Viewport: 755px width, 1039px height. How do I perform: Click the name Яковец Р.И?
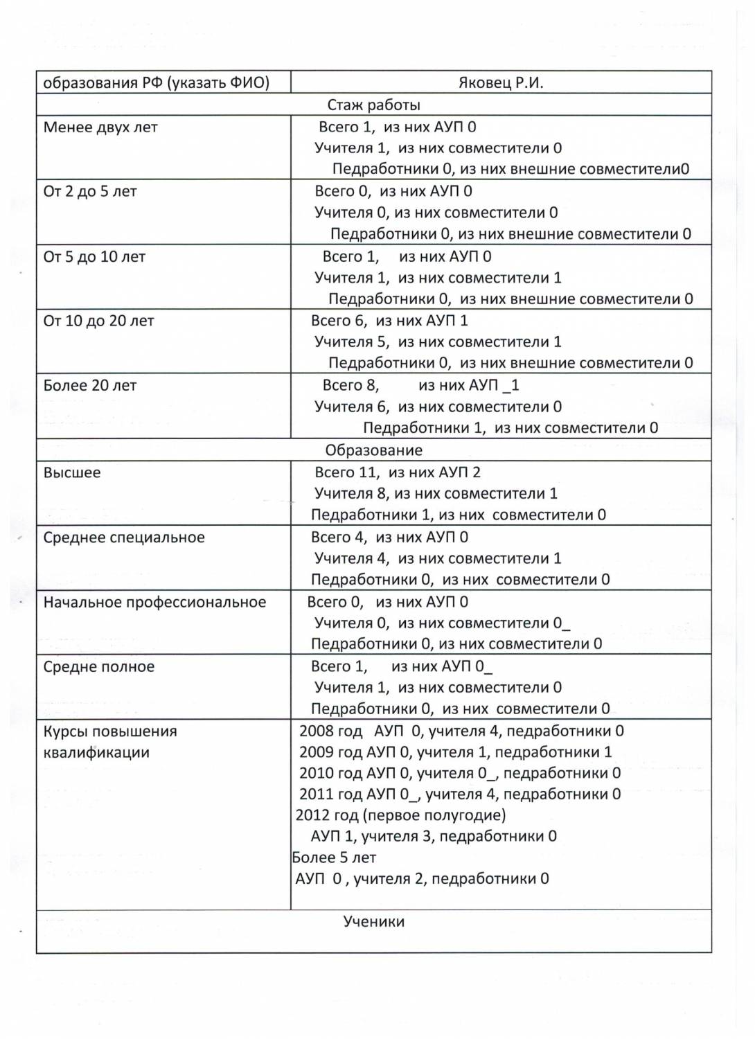501,83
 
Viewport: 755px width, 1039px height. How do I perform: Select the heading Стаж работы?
373,105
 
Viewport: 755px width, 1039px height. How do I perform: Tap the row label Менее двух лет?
100,127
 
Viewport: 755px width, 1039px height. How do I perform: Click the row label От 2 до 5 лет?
90,192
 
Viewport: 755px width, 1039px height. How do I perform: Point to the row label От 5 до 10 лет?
94,257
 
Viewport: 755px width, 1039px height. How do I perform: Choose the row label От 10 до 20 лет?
98,321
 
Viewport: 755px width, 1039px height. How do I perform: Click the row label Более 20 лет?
90,386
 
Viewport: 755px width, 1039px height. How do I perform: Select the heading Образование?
373,450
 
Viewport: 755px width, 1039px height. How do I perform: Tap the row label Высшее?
72,473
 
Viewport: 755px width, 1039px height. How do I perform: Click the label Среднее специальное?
124,538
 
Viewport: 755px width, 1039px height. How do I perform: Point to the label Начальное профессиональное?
154,603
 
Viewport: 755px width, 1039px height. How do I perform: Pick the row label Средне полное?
99,667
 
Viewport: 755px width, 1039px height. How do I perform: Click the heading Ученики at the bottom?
373,922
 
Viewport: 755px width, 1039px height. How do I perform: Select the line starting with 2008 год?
461,731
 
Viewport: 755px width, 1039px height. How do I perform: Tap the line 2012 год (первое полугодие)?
400,815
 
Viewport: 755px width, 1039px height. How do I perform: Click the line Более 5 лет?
334,858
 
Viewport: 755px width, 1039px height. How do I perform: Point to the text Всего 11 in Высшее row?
346,473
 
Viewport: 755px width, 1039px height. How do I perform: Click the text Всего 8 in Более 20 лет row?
350,386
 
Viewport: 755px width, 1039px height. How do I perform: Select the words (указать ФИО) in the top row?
218,83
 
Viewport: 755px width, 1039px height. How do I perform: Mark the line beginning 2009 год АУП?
455,752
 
